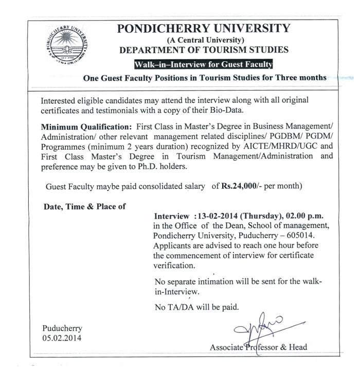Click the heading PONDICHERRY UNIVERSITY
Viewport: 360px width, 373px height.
(204, 28)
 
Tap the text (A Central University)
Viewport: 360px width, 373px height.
(204, 40)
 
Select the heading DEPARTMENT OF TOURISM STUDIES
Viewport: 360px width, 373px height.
(204, 50)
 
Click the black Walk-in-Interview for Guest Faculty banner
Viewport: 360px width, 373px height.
(203, 65)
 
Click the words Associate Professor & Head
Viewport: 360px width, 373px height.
(258, 347)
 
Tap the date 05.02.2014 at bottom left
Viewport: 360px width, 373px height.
(62, 338)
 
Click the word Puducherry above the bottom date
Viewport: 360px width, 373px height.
(62, 328)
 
